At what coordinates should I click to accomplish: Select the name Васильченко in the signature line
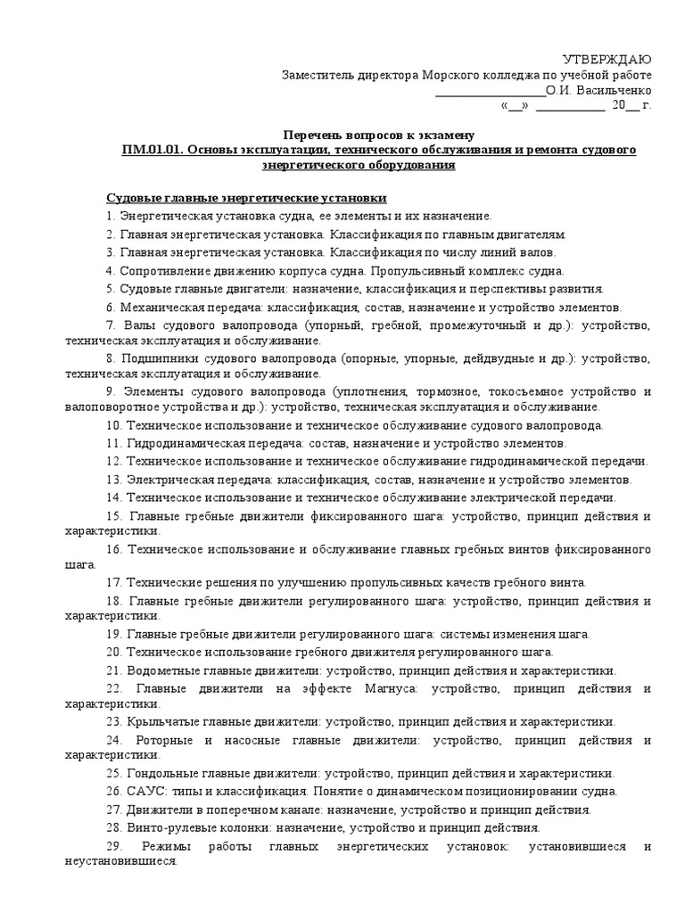[x=616, y=91]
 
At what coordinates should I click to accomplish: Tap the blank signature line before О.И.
[x=489, y=91]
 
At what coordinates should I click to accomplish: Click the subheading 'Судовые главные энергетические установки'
[x=247, y=197]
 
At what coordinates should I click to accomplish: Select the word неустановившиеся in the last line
[x=120, y=863]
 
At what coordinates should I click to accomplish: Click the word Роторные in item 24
[x=163, y=740]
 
